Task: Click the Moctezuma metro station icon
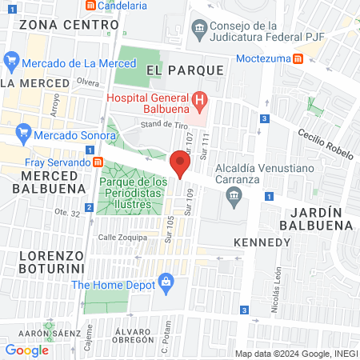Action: pos(298,58)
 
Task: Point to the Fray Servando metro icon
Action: pos(98,162)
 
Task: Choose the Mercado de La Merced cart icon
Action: pos(11,60)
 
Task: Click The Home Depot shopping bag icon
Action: pos(166,281)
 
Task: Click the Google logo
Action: pos(26,350)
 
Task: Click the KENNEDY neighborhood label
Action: pos(262,242)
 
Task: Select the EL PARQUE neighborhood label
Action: pos(185,70)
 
